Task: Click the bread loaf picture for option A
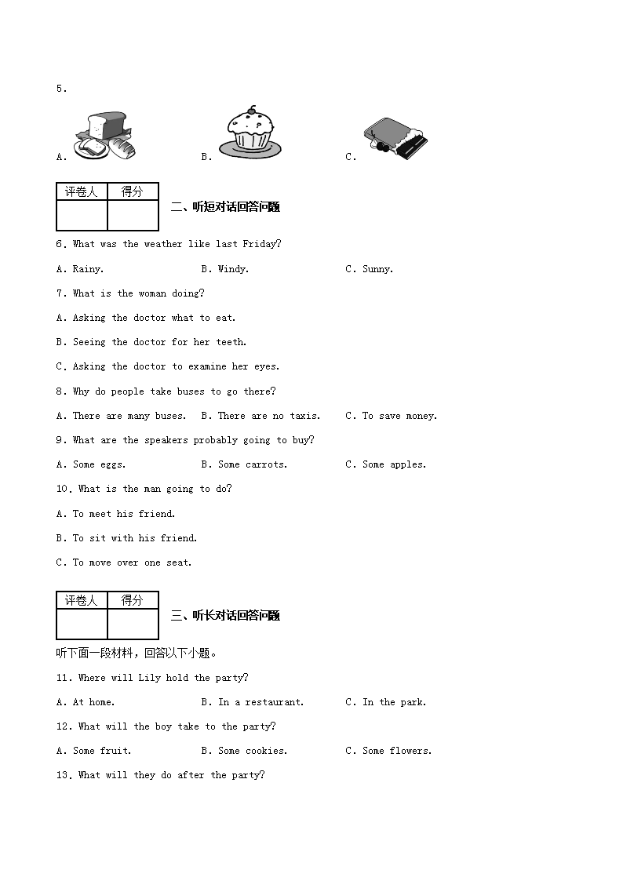(105, 136)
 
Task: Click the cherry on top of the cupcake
(252, 109)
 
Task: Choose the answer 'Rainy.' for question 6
(88, 269)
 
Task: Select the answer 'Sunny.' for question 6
(377, 269)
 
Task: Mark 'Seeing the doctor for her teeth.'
(159, 342)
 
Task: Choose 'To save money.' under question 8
(399, 416)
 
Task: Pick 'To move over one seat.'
(132, 562)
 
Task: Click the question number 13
(63, 775)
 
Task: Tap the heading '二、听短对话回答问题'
(225, 207)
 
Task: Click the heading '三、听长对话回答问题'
(225, 616)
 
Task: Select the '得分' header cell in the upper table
(133, 191)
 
